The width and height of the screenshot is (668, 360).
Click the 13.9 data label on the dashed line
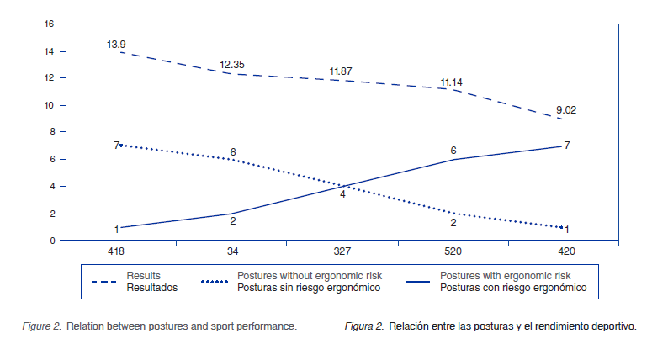pos(117,44)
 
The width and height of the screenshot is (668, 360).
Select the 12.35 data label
pos(233,64)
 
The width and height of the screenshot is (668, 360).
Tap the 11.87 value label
pos(341,71)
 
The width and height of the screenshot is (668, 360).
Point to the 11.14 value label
pos(452,82)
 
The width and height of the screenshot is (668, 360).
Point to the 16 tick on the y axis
pos(50,24)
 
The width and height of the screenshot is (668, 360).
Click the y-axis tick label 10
pos(50,105)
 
